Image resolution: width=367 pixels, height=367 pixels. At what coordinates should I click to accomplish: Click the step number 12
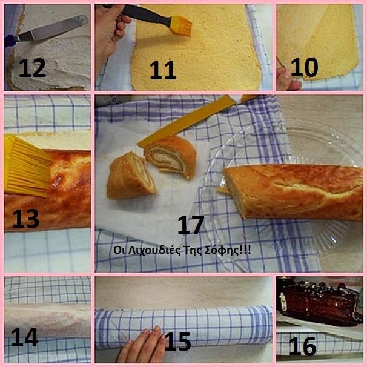tap(32, 67)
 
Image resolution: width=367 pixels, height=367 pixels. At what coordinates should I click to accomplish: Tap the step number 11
tap(163, 70)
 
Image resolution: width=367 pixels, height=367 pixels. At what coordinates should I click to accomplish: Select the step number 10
tap(304, 67)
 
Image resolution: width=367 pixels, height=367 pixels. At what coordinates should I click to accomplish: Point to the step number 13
tap(25, 219)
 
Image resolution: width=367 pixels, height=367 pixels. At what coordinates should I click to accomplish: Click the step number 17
tap(191, 225)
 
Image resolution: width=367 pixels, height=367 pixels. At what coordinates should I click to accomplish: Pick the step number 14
tap(24, 337)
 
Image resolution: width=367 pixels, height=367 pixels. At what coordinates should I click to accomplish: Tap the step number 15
tap(177, 342)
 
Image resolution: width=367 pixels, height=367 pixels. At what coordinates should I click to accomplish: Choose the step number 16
tap(303, 346)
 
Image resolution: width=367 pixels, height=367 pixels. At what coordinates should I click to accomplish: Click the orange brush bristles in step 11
tap(181, 26)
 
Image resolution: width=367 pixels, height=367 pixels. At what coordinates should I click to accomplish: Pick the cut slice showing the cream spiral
tap(170, 157)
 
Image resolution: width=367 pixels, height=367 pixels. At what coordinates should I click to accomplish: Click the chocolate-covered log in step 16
tap(320, 302)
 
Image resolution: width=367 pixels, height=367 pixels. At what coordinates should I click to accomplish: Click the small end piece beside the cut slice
tap(131, 176)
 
